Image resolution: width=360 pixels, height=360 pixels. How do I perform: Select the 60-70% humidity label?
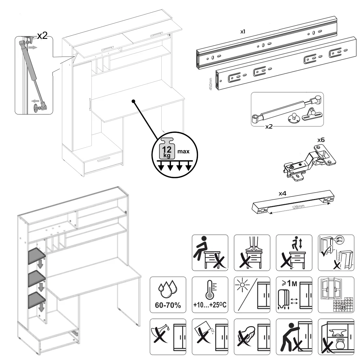pyautogui.click(x=168, y=306)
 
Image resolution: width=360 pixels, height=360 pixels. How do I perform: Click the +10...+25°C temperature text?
pyautogui.click(x=210, y=306)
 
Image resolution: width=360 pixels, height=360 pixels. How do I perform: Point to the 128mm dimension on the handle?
pyautogui.click(x=298, y=208)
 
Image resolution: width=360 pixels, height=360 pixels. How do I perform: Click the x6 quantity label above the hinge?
pyautogui.click(x=321, y=139)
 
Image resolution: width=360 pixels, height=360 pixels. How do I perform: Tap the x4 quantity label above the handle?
pyautogui.click(x=283, y=194)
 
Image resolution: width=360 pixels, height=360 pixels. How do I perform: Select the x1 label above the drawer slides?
pyautogui.click(x=243, y=32)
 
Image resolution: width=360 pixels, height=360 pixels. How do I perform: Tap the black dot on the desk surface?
pyautogui.click(x=134, y=101)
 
